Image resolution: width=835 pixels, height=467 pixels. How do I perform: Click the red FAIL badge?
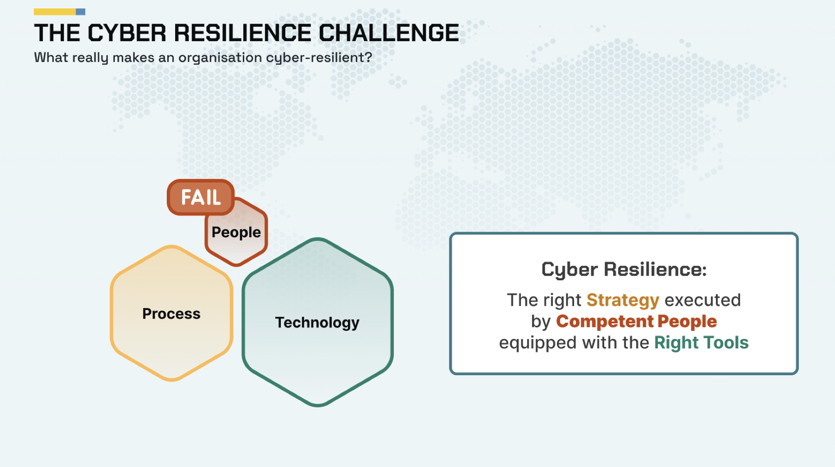click(x=201, y=197)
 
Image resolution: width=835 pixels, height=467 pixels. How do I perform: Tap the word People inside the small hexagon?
click(x=236, y=232)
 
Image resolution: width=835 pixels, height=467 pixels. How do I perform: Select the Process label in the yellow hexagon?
click(x=171, y=314)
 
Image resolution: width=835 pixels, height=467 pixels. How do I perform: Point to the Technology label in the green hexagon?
click(x=317, y=322)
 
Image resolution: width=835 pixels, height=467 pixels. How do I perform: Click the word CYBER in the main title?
click(x=127, y=33)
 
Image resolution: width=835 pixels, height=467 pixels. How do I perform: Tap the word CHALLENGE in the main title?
click(x=389, y=33)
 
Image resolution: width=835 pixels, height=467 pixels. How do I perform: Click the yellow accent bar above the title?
click(x=55, y=12)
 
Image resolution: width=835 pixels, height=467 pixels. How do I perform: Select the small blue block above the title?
click(x=81, y=12)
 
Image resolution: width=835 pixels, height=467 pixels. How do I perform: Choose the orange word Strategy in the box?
click(x=623, y=301)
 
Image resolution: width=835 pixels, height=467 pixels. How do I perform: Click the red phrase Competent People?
click(x=637, y=322)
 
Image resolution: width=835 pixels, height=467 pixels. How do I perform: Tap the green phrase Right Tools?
click(x=702, y=343)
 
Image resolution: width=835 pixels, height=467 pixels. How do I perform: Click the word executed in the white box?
click(x=702, y=300)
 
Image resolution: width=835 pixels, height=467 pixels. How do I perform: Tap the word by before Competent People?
click(x=541, y=322)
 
